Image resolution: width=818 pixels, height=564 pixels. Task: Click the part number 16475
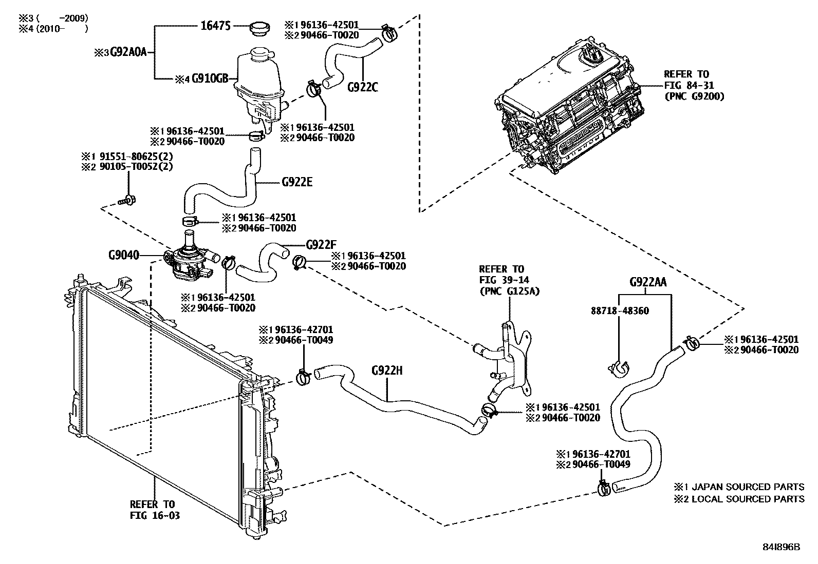(215, 26)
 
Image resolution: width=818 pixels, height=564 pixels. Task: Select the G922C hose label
(362, 87)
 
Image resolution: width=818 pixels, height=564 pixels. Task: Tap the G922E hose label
(297, 182)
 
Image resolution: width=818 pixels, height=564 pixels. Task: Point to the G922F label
(321, 244)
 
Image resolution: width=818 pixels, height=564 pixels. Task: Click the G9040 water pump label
(123, 255)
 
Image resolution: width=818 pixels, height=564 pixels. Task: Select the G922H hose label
(387, 370)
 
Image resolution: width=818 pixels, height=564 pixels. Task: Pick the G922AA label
(648, 282)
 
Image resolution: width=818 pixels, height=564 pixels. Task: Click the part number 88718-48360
(620, 311)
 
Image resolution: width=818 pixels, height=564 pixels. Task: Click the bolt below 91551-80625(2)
(126, 200)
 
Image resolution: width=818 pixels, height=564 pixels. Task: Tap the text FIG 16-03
(155, 515)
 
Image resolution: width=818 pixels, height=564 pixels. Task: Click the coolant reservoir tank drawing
(258, 85)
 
